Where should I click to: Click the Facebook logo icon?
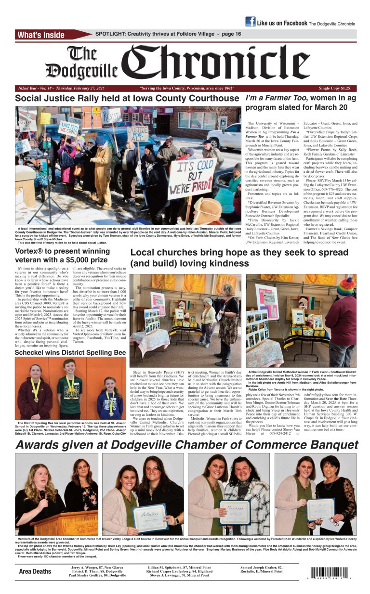coord(250,22)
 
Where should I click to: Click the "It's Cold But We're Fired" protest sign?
coord(191,178)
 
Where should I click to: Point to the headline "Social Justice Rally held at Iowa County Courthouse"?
coord(127,99)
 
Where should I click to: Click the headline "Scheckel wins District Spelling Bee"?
coord(70,353)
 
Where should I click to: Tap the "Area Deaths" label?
coord(35,571)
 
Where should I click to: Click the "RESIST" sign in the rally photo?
coord(110,116)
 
